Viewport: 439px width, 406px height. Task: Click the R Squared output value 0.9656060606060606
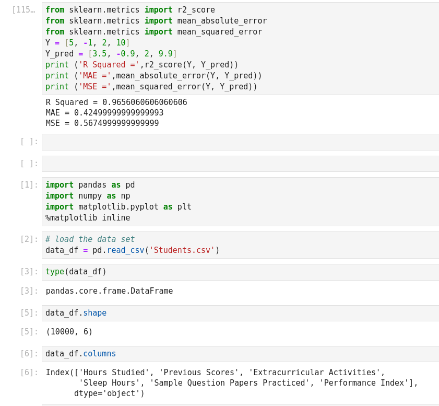(145, 102)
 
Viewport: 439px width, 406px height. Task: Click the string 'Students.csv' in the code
(182, 250)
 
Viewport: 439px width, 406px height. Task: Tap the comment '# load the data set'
(90, 239)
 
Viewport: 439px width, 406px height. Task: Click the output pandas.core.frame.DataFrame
(109, 291)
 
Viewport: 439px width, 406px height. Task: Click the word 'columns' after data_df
(100, 354)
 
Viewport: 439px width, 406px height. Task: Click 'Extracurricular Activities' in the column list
(314, 373)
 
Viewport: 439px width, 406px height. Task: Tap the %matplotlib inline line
(88, 218)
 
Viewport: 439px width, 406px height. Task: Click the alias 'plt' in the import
(184, 207)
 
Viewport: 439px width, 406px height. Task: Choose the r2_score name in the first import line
(196, 10)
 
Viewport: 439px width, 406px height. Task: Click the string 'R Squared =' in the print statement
(109, 65)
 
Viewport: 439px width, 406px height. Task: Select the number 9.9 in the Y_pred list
(165, 54)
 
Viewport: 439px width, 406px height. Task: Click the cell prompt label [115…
(23, 10)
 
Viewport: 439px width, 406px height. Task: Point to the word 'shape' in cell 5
(95, 313)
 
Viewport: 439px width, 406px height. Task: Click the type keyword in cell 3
(55, 272)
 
